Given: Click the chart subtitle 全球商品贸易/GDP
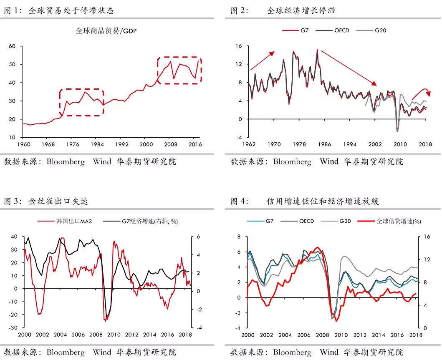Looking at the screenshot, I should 106,30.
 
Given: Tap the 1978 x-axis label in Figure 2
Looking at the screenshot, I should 299,144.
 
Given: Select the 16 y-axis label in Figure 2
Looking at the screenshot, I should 238,46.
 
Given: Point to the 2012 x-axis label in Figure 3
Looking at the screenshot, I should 132,335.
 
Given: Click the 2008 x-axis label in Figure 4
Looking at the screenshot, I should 321,335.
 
